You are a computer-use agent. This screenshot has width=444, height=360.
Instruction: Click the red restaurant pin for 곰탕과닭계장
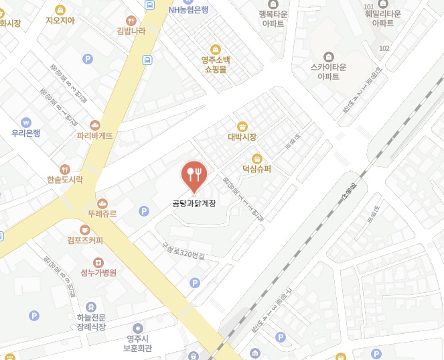tap(194, 175)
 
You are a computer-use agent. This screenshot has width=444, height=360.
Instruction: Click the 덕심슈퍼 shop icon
tap(256, 158)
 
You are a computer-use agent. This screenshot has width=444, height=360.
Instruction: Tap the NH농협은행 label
tap(188, 9)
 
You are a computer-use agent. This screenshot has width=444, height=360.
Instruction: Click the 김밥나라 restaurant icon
tap(131, 19)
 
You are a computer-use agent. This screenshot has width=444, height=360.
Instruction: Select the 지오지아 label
tap(60, 20)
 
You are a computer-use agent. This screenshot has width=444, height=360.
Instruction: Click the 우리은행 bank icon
tap(25, 122)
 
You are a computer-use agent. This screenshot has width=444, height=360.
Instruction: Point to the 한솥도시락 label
tap(65, 180)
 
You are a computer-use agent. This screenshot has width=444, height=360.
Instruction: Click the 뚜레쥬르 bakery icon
tap(102, 203)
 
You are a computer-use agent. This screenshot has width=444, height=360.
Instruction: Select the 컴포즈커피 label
tap(85, 240)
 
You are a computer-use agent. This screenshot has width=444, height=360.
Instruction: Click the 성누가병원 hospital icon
tap(98, 262)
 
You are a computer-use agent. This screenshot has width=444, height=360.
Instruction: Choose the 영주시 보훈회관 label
tap(138, 343)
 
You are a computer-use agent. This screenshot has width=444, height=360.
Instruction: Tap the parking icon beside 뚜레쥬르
tap(143, 212)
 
